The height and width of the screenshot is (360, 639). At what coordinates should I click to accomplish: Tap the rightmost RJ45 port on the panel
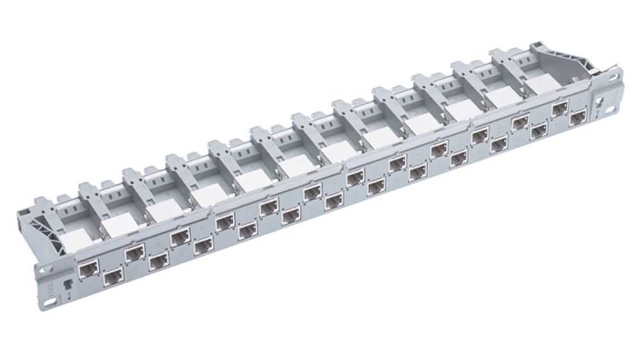coord(578,117)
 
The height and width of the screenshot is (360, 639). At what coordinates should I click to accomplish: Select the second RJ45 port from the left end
coord(113,276)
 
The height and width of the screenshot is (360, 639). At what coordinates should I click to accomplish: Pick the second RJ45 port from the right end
coord(560,108)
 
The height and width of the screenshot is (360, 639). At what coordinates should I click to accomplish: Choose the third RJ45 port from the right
coord(538,130)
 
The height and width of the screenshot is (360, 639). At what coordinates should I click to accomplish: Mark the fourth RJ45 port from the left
coord(157,261)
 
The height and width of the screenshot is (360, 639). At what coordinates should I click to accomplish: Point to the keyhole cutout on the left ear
coord(66,282)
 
